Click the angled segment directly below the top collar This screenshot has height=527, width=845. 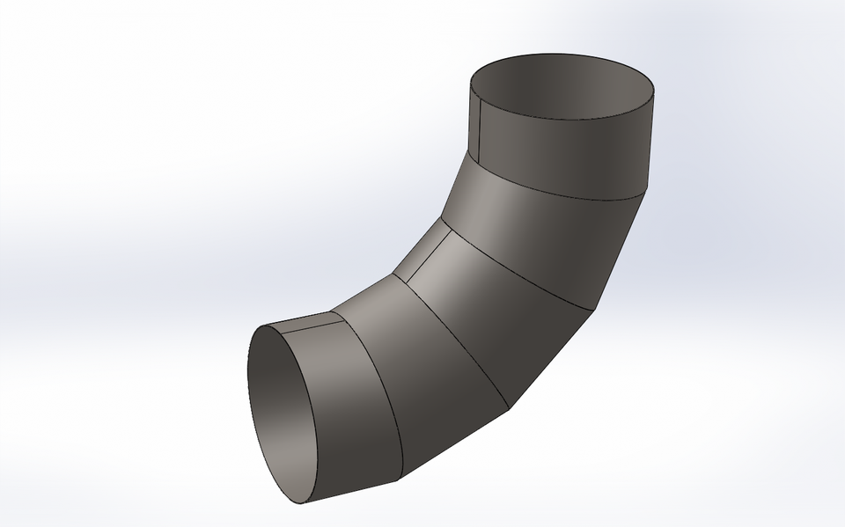pos(546,238)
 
